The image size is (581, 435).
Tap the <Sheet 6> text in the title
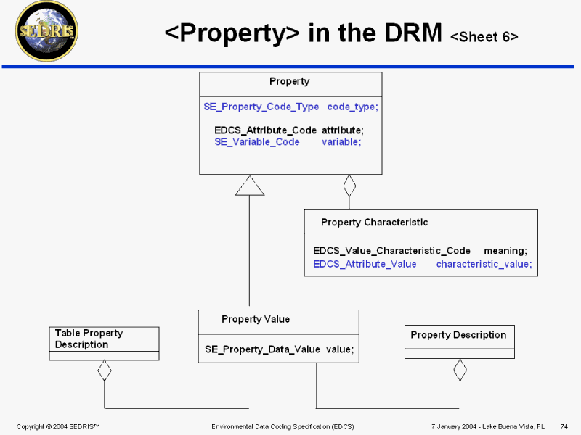tap(484, 37)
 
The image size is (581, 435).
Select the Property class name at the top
tap(289, 82)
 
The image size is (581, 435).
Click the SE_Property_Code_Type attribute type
tap(261, 107)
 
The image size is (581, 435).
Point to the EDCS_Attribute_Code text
tap(265, 130)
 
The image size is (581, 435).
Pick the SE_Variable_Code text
tap(257, 142)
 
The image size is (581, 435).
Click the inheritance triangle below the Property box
tap(249, 186)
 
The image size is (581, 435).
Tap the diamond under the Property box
tap(349, 186)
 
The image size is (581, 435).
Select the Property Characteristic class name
tap(374, 223)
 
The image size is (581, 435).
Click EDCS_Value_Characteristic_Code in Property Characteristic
tap(391, 251)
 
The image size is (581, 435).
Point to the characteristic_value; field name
tap(484, 264)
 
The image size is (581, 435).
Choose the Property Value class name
tap(256, 319)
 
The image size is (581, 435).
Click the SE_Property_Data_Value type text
tap(262, 349)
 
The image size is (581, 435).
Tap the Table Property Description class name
tap(89, 339)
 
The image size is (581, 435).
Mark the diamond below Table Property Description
tap(105, 371)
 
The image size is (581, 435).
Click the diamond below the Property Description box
tap(459, 370)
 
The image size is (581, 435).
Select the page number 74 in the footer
tap(564, 426)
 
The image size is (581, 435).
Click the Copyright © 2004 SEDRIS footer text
tap(57, 426)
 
